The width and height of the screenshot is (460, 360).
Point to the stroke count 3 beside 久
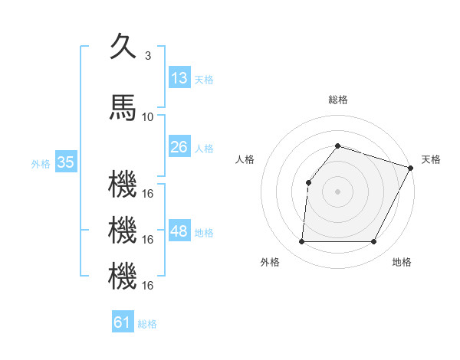tap(147, 56)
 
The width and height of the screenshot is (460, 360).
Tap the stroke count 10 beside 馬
tap(148, 117)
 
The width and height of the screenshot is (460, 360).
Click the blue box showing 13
tap(179, 78)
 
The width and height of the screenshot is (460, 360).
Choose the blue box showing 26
tap(179, 147)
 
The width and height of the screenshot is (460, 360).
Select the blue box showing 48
tap(179, 231)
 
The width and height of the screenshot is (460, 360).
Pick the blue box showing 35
tap(66, 162)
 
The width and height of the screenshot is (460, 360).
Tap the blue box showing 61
tap(123, 322)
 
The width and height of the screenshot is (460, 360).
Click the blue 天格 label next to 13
tap(204, 80)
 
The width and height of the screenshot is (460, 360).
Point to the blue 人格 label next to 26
tap(204, 149)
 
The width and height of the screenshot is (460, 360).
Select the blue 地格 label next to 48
tap(204, 233)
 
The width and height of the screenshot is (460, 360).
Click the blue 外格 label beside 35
tap(41, 163)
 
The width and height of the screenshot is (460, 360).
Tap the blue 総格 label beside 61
tap(147, 324)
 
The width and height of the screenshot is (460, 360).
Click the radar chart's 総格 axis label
tap(337, 100)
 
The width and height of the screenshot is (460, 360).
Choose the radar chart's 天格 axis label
tap(431, 159)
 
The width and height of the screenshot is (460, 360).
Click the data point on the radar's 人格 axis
tap(308, 182)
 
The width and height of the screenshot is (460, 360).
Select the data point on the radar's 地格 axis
tap(373, 242)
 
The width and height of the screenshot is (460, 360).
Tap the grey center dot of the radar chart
tap(337, 191)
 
